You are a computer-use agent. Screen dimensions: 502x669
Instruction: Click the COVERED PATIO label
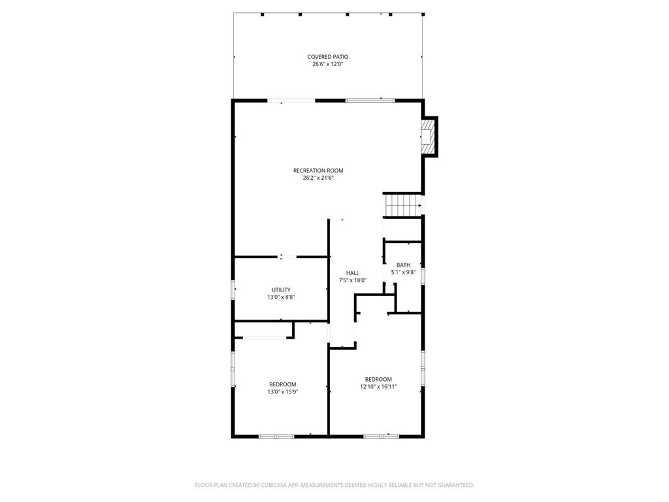327,57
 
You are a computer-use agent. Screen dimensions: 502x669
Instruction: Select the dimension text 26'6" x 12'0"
327,64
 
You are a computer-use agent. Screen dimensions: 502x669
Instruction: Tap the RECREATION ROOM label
318,171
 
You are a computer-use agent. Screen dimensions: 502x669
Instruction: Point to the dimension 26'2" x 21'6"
318,178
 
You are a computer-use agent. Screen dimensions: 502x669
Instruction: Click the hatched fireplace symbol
427,137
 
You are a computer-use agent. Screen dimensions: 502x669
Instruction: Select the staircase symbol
402,205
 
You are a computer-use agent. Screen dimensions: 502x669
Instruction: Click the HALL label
352,273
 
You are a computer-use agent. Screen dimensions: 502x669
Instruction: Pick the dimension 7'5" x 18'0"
352,280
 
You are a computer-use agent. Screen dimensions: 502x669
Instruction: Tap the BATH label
403,265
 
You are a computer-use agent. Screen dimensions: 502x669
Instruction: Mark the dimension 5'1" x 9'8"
403,272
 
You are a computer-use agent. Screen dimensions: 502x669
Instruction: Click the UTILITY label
281,290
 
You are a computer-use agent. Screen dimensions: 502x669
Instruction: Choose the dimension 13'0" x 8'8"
281,297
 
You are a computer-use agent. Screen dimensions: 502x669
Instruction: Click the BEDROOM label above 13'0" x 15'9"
282,384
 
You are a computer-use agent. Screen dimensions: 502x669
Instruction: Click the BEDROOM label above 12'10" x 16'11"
378,379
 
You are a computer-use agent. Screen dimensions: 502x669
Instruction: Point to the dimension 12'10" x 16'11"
378,386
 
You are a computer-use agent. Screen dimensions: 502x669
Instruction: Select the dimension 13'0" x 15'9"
282,392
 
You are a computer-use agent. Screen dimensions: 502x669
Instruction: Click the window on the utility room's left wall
233,290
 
